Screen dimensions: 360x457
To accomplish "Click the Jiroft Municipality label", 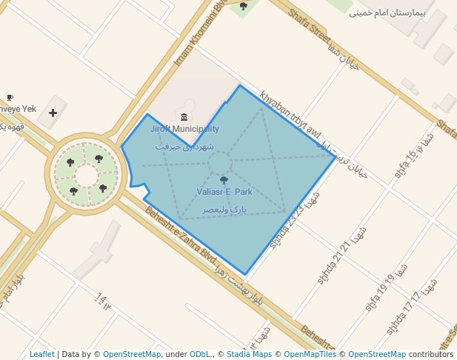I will tap(184, 129).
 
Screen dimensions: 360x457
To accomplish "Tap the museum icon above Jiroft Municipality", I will tap(184, 117).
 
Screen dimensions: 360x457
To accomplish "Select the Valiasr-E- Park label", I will tap(224, 192).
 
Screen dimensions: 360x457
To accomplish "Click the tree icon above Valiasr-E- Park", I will tap(224, 180).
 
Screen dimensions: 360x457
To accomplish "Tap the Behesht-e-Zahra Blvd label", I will tap(176, 234).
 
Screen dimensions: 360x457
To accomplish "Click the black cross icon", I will tap(53, 113).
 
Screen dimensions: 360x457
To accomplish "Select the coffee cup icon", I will tap(10, 97).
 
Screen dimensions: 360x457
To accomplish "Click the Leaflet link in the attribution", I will tap(41, 354).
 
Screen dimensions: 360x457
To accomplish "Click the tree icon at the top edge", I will tap(243, 6).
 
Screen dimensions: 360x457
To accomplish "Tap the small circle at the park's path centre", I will tap(219, 163).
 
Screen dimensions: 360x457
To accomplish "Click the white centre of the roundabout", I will tap(86, 176).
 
